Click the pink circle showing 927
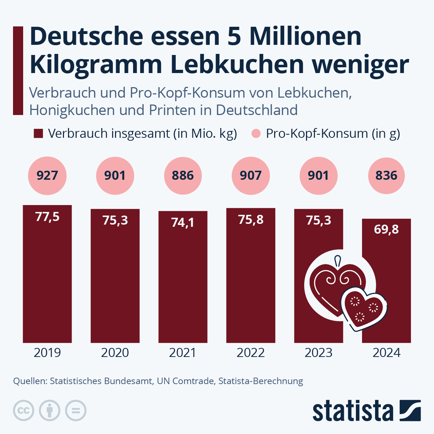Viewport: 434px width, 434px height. point(47,176)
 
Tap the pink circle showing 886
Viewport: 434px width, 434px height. point(183,176)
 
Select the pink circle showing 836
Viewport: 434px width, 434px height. point(386,176)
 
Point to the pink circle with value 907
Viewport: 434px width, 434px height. point(251,176)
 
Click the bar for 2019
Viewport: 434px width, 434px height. point(47,282)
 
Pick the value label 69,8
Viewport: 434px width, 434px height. point(386,229)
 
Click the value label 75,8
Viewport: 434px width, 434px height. point(251,220)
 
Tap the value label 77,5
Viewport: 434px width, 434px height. point(47,217)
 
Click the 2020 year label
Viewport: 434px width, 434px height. point(115,353)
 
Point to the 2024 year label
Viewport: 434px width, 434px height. point(386,353)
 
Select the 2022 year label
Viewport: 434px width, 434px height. point(251,353)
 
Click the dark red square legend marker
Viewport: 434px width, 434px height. point(38,133)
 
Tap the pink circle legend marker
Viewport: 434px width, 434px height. point(256,133)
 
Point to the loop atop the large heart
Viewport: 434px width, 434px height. point(338,260)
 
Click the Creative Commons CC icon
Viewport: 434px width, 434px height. point(24,410)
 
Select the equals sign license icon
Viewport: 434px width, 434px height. point(76,410)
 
